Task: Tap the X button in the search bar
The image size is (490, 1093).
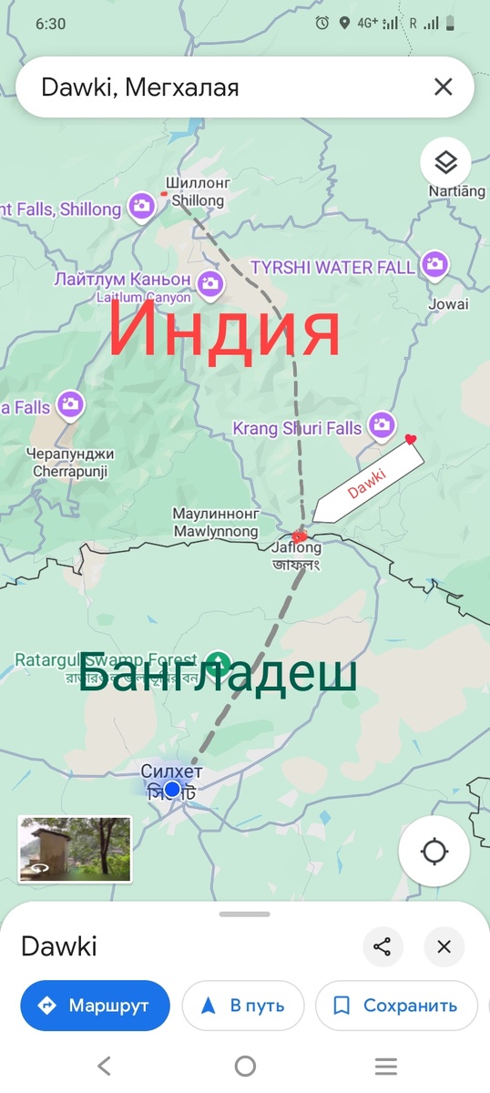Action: click(x=443, y=87)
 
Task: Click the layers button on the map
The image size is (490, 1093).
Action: click(x=444, y=163)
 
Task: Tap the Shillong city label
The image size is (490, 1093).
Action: click(x=198, y=192)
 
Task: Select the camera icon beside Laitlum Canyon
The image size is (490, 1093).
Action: click(x=211, y=282)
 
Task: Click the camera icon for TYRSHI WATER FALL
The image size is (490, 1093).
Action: click(x=434, y=265)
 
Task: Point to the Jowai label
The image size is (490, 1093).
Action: click(x=450, y=304)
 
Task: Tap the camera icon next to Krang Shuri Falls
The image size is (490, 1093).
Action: click(x=383, y=424)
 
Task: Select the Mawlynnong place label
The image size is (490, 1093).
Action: click(x=215, y=523)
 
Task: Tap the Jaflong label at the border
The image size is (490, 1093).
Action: click(x=296, y=548)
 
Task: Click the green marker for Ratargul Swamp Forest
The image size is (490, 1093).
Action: click(x=217, y=659)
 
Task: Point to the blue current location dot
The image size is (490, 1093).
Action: click(x=172, y=789)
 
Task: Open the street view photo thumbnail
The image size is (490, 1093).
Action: click(x=75, y=849)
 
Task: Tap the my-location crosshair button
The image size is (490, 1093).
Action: click(x=434, y=852)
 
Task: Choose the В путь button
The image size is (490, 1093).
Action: click(x=243, y=1006)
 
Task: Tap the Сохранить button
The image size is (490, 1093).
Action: click(x=396, y=1006)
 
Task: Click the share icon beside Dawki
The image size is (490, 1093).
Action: click(x=383, y=946)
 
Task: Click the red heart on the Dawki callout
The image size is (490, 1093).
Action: click(x=411, y=440)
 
